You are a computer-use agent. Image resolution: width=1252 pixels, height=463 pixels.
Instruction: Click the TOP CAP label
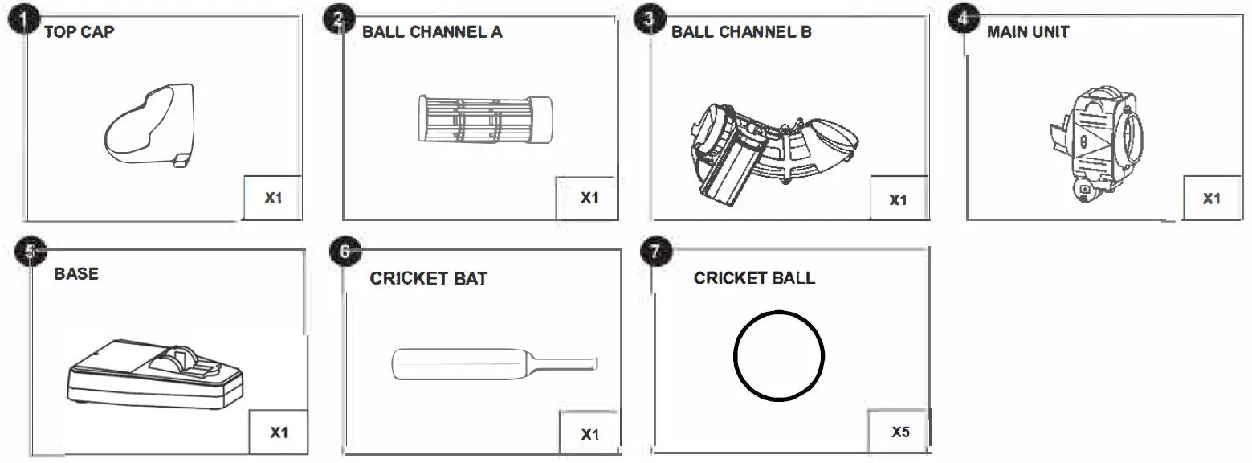79,32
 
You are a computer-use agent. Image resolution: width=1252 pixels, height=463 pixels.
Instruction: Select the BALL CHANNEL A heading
432,32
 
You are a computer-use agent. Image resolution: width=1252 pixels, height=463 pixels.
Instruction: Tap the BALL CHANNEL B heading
741,32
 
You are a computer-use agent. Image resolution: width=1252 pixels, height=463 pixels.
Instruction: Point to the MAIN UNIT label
1027,32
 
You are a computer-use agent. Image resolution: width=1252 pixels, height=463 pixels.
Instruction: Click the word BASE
76,274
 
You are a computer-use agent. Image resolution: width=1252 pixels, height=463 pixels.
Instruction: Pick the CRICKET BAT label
428,279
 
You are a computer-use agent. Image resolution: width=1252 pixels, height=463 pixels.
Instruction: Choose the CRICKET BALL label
754,278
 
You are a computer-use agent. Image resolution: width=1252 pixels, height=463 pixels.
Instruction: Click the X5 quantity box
900,432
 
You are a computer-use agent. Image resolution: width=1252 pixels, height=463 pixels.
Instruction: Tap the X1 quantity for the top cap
273,198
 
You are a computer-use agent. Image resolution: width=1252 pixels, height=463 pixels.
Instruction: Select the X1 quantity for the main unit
1211,199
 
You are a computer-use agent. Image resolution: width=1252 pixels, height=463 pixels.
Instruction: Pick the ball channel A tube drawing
483,121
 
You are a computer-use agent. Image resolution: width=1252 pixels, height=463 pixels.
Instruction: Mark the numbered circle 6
344,252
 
